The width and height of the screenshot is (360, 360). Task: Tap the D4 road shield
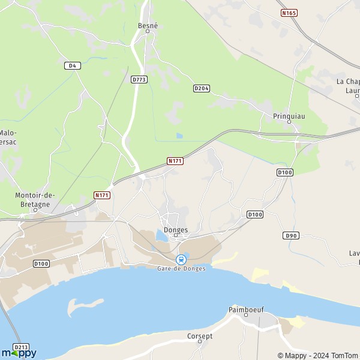72,65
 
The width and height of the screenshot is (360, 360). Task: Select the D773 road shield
139,79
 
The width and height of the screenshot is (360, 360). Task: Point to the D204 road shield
202,88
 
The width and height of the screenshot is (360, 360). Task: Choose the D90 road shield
291,236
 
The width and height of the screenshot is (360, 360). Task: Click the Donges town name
176,230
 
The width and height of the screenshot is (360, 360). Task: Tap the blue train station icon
181,259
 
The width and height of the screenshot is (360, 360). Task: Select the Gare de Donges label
181,268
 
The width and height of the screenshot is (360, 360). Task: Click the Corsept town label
200,336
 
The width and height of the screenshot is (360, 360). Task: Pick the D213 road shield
21,347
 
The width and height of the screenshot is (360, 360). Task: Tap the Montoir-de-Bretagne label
35,199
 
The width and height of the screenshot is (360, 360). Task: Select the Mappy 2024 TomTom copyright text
317,355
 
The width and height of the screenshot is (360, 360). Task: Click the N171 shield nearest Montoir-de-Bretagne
102,195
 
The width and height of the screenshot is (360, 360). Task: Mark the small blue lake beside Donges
161,235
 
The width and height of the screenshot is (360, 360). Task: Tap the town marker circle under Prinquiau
289,122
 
